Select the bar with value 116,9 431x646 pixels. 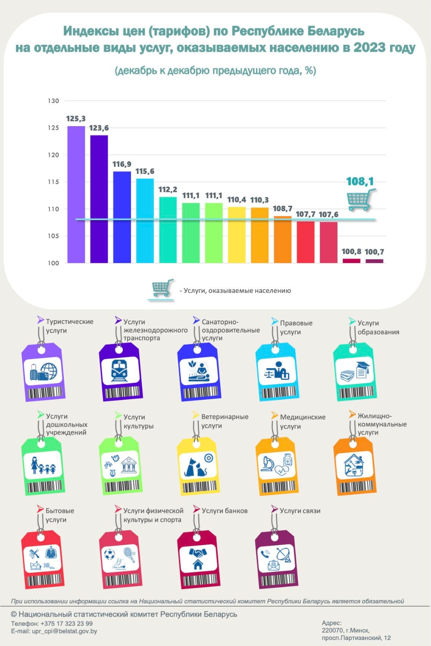(122, 217)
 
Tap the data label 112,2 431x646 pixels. (168, 189)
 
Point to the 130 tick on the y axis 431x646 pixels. (53, 101)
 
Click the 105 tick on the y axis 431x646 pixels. (53, 236)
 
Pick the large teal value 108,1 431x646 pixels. (360, 181)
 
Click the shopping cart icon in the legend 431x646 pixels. (162, 289)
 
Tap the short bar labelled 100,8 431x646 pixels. (351, 261)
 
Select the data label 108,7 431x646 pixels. (282, 208)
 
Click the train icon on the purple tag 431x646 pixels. (119, 370)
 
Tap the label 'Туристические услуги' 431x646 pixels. (69, 326)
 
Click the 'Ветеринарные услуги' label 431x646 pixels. (224, 421)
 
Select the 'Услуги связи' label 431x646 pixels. (300, 511)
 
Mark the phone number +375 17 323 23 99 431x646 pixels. (66, 624)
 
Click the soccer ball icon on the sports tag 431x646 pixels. (109, 554)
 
